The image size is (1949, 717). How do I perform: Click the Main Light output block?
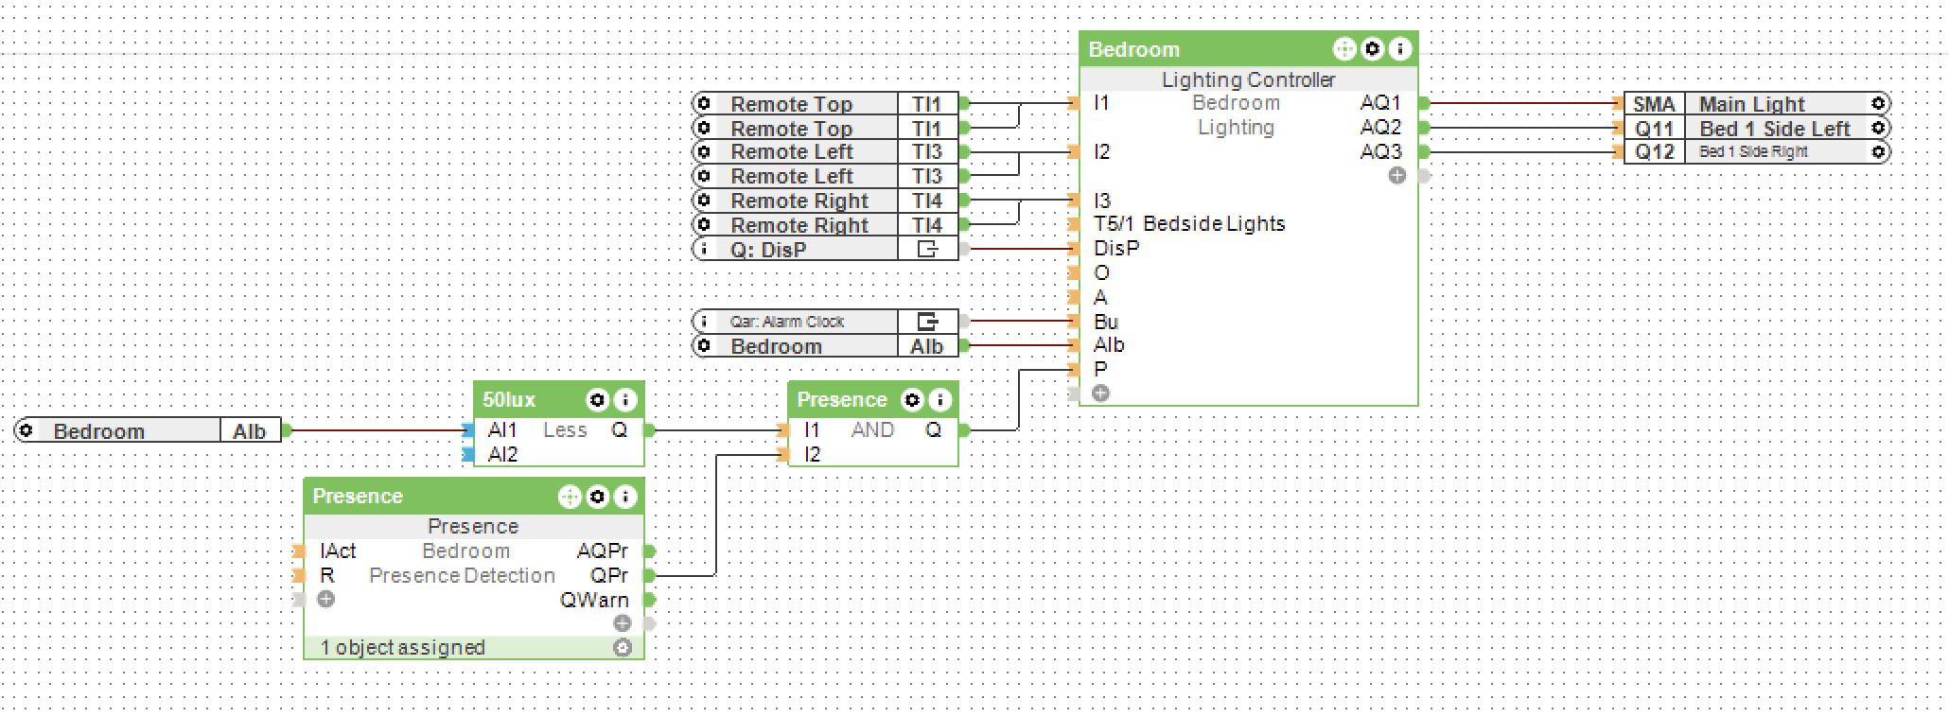click(1751, 104)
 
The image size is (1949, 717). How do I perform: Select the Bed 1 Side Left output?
click(1774, 129)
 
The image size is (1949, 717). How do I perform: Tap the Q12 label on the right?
click(1654, 152)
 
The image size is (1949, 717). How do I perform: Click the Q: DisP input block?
click(767, 250)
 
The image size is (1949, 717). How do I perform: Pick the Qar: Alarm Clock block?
click(786, 322)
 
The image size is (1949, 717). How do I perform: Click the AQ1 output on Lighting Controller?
click(1379, 103)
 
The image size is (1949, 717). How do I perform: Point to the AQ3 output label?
click(1379, 151)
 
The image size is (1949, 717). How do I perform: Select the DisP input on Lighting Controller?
click(1116, 249)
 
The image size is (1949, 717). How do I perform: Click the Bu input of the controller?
click(1105, 322)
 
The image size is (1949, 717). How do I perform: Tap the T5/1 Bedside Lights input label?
click(1189, 224)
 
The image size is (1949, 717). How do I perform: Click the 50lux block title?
click(509, 400)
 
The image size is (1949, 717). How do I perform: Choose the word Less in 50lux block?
click(565, 430)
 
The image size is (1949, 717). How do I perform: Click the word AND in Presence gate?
click(872, 430)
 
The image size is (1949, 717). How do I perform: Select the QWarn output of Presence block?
click(593, 600)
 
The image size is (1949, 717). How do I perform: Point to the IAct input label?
click(338, 551)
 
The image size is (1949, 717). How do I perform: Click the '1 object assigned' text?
click(402, 648)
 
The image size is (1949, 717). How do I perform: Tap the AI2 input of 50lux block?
click(502, 455)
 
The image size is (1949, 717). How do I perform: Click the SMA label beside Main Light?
click(1654, 104)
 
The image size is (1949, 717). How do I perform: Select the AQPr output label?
click(602, 551)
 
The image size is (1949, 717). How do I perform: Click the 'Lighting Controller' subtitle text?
click(1248, 80)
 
